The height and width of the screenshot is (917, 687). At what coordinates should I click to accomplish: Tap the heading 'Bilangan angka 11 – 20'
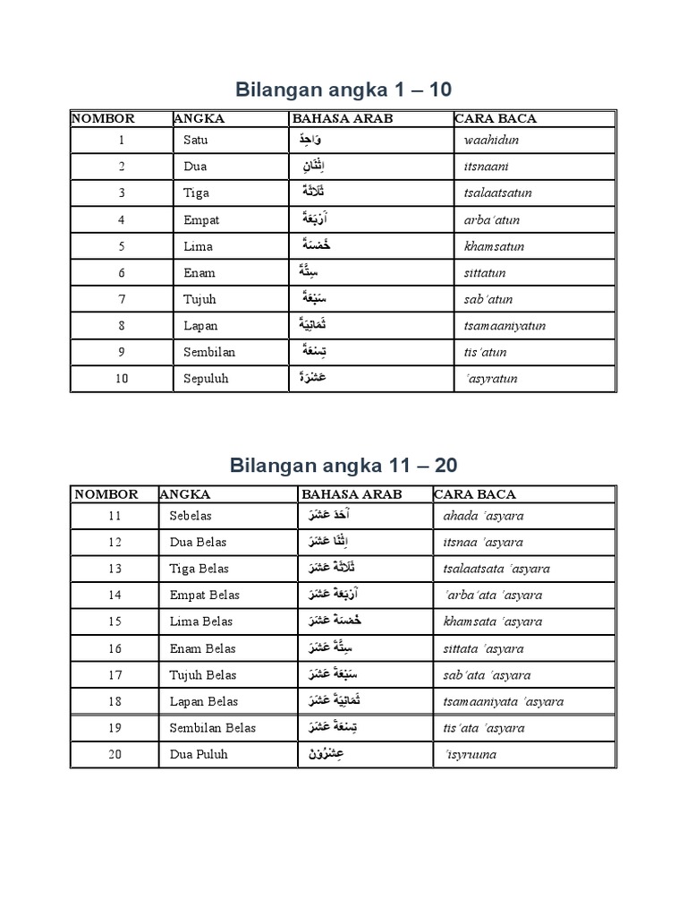coord(343,465)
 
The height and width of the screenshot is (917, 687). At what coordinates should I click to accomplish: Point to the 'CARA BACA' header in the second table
coord(475,494)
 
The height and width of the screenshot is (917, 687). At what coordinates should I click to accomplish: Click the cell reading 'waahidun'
coord(491,141)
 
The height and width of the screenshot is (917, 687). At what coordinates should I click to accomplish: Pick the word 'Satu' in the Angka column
coord(195,141)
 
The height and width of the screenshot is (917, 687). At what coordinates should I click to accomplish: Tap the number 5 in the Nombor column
coord(122,246)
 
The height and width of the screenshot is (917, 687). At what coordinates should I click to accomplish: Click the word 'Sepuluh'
coord(206,379)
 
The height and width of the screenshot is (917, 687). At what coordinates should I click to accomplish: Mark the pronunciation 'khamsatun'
coord(494,246)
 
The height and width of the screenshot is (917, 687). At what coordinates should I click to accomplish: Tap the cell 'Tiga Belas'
coord(198,569)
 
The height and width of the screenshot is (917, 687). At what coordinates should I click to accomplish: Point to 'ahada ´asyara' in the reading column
coord(483,516)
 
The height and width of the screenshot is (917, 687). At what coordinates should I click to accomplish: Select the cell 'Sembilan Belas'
coord(212,728)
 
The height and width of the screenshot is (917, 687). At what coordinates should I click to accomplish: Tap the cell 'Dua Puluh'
coord(199,754)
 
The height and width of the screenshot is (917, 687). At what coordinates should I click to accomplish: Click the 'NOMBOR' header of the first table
coord(104,118)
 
